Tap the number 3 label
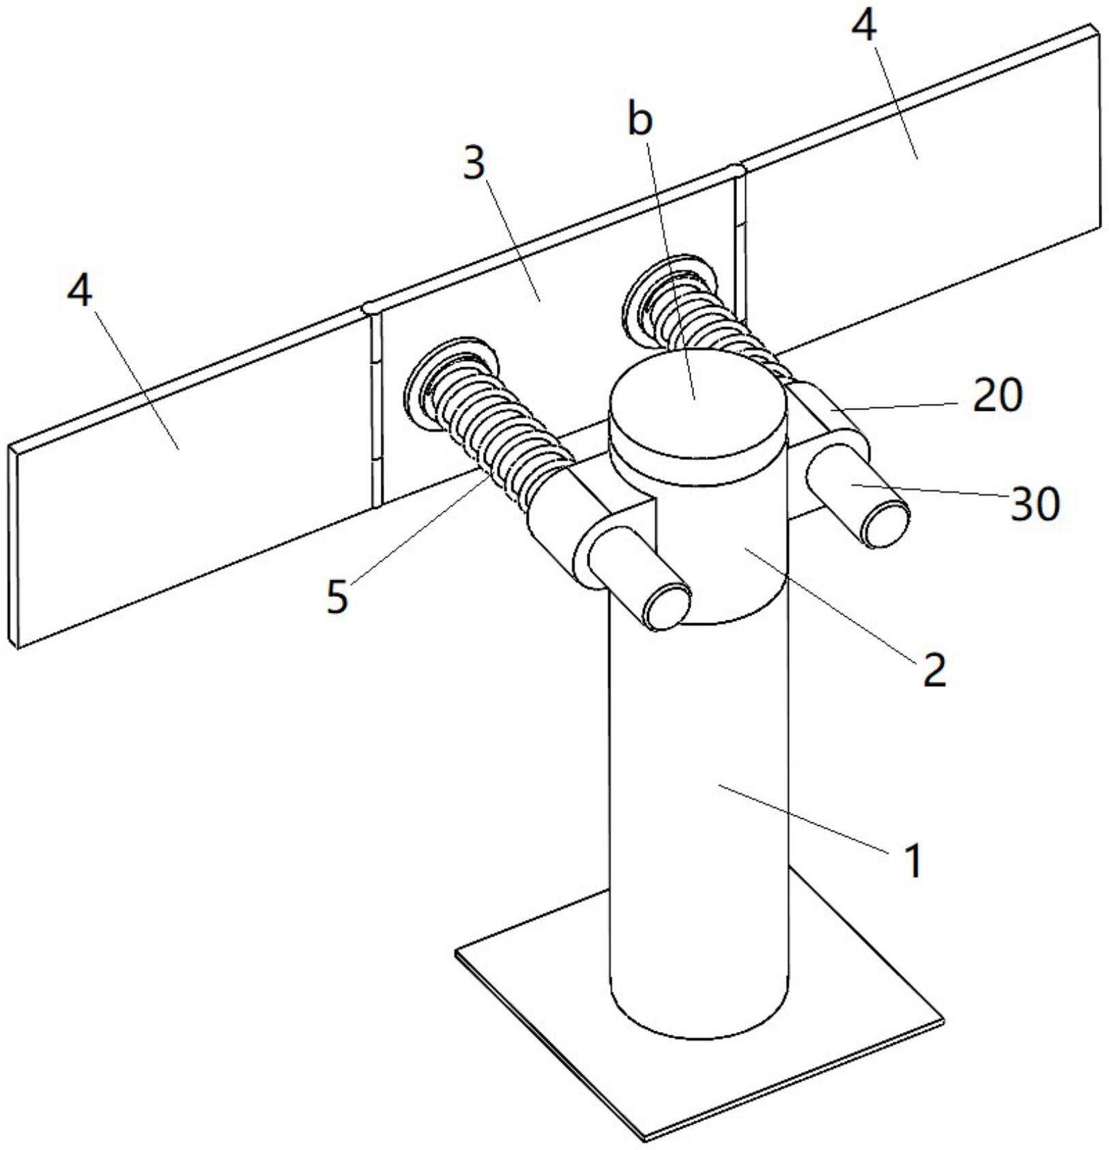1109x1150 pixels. coord(474,164)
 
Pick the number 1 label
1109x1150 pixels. coord(912,860)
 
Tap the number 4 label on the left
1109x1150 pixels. coord(80,291)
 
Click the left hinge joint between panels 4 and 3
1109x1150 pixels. coord(374,409)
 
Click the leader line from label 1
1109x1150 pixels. coord(805,819)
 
